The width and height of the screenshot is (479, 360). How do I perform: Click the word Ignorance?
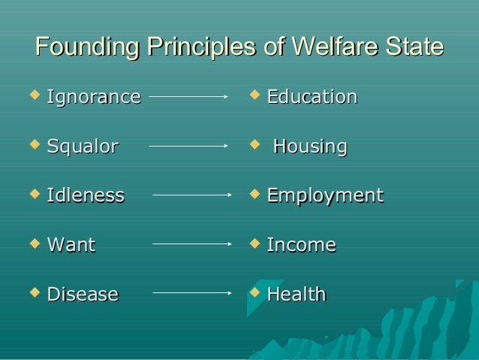coord(93,97)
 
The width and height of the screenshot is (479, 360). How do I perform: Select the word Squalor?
coord(82,147)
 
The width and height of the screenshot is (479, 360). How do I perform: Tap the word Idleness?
coord(85,196)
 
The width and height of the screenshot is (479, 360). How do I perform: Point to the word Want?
coord(71,245)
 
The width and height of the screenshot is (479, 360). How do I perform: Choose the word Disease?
coord(82,295)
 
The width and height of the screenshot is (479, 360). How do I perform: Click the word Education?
coord(312,97)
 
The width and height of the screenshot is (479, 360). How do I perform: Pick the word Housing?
coord(309,147)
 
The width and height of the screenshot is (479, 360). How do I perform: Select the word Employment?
coord(324,196)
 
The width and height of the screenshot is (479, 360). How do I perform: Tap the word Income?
coord(301,245)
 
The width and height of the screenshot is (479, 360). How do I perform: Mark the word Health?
coord(296,295)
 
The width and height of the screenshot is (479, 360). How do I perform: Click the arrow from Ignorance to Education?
coord(188,96)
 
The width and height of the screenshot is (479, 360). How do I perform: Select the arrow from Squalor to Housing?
coord(188,146)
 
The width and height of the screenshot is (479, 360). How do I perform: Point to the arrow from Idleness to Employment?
coord(191,195)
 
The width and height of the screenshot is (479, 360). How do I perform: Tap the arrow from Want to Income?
coord(191,244)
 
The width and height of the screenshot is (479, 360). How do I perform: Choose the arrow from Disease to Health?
coord(191,293)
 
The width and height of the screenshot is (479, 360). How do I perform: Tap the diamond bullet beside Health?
coord(255,292)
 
